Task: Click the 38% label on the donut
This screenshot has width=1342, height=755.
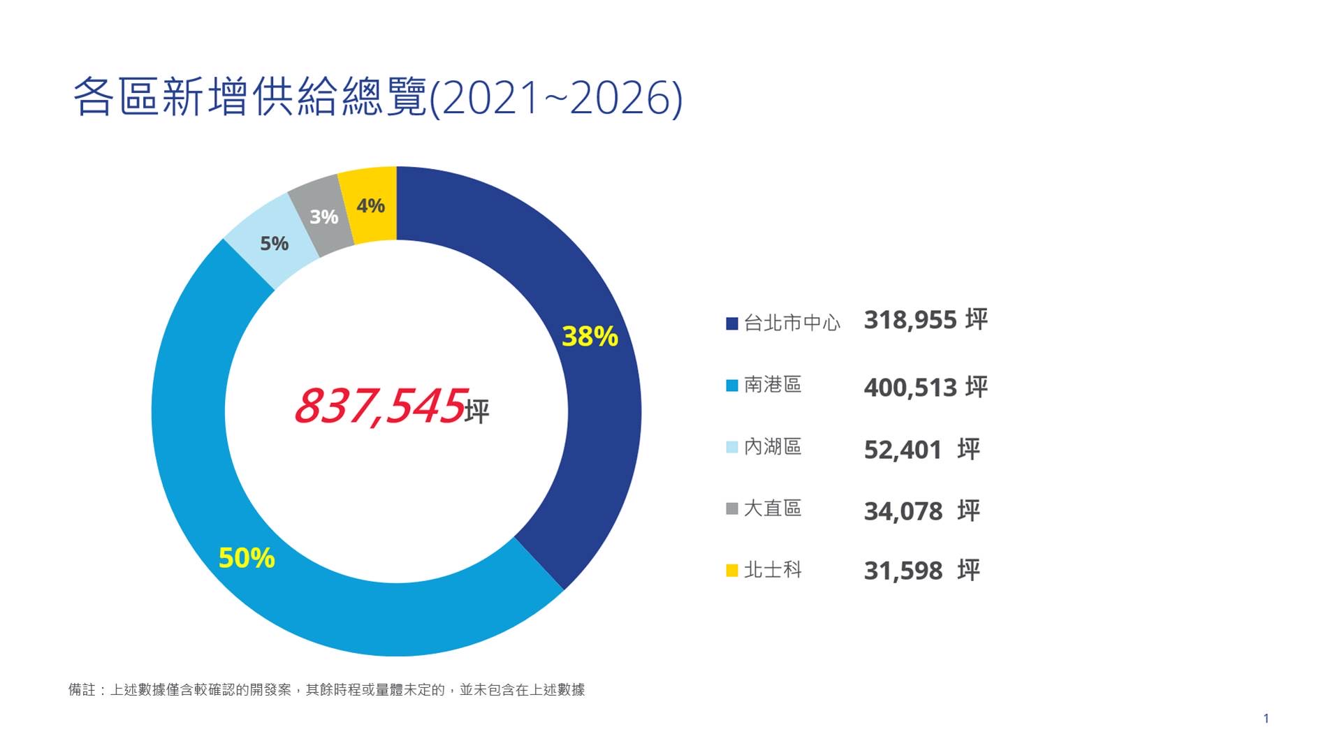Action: pyautogui.click(x=590, y=337)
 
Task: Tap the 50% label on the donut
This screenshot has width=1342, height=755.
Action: pyautogui.click(x=247, y=558)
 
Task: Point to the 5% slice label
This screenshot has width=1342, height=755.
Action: pyautogui.click(x=274, y=244)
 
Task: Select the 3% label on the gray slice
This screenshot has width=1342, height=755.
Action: pyautogui.click(x=323, y=217)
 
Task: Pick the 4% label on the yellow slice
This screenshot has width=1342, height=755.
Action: pyautogui.click(x=370, y=206)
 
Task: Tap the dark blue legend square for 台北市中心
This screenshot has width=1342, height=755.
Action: pyautogui.click(x=732, y=323)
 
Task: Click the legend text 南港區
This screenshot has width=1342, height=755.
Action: pyautogui.click(x=772, y=385)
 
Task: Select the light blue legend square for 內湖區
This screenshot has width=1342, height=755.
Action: pyautogui.click(x=732, y=447)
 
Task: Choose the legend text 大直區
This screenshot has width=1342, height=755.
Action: pyautogui.click(x=772, y=508)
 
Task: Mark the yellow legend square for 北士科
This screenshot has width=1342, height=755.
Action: pyautogui.click(x=732, y=571)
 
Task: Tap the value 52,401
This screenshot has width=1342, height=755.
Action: pyautogui.click(x=903, y=450)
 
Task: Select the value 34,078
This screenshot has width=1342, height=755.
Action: pyautogui.click(x=903, y=512)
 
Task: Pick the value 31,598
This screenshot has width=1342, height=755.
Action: pyautogui.click(x=903, y=571)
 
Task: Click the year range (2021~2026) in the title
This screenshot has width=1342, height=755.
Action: pyautogui.click(x=555, y=98)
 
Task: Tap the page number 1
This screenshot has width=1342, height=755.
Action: pyautogui.click(x=1266, y=719)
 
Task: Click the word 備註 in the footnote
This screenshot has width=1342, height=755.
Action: pyautogui.click(x=82, y=690)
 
